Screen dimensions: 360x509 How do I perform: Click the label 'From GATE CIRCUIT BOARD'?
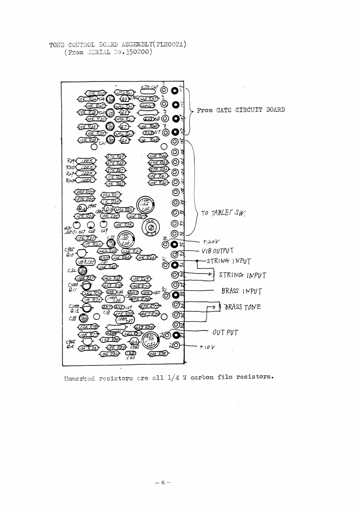pos(241,110)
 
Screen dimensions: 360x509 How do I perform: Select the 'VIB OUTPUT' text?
pos(218,251)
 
